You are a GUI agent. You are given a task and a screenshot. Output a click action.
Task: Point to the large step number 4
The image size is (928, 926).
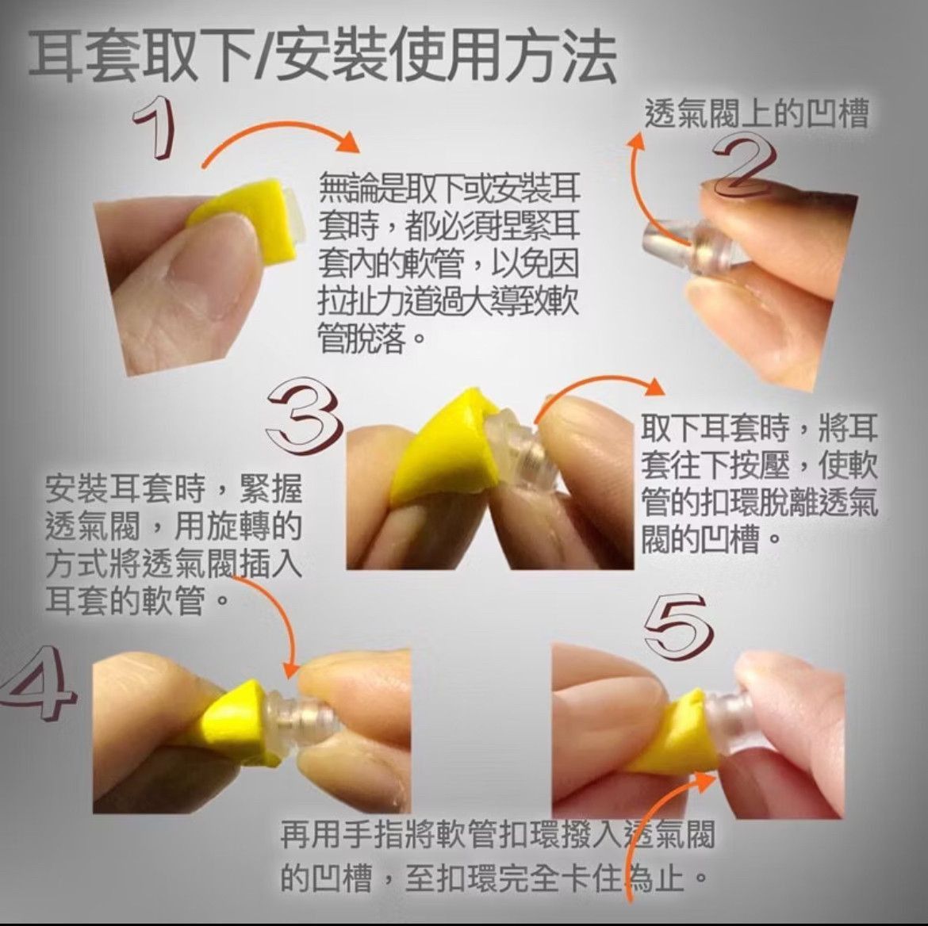tap(36, 683)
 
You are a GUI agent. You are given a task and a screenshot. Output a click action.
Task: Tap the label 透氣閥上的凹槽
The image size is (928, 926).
tap(757, 113)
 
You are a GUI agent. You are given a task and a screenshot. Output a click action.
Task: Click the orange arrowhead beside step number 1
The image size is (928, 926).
tap(348, 141)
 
